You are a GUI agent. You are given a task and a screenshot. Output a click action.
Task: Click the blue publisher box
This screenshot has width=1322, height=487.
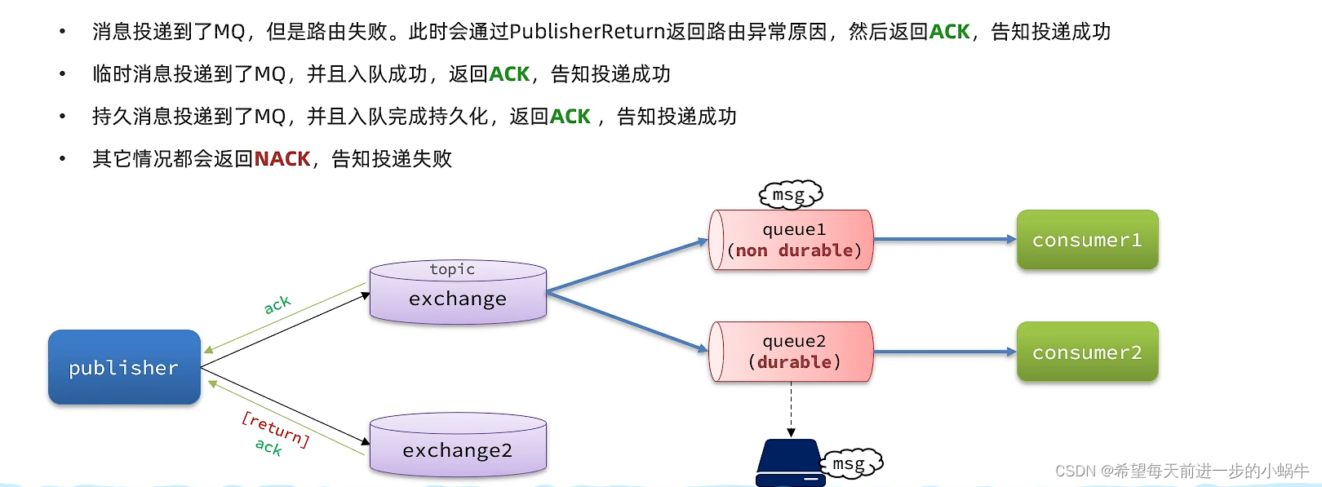(x=124, y=367)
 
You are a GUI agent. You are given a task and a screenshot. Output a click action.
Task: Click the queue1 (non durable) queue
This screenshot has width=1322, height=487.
(x=792, y=240)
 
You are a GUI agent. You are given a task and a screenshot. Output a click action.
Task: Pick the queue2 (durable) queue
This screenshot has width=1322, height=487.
(x=792, y=352)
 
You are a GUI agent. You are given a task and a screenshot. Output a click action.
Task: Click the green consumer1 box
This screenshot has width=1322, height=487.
(x=1087, y=240)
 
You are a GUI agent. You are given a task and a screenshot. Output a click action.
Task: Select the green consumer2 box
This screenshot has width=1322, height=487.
(x=1087, y=352)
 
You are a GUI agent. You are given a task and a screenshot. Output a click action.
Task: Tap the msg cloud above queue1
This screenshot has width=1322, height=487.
(x=790, y=194)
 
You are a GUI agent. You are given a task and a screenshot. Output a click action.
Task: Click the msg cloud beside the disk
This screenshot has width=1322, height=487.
(x=851, y=463)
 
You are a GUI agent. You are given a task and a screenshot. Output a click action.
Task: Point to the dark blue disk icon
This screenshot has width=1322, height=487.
(x=789, y=463)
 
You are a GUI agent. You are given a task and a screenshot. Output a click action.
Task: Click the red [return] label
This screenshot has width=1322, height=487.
(x=276, y=428)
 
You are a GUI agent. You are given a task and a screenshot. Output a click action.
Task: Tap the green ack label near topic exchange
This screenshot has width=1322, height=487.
(x=277, y=304)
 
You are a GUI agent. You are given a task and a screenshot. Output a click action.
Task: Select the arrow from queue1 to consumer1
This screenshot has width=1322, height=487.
(x=944, y=239)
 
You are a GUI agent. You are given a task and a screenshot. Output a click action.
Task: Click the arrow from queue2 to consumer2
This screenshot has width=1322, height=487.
(x=944, y=352)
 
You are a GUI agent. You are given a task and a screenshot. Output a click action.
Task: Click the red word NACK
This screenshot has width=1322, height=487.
(x=282, y=158)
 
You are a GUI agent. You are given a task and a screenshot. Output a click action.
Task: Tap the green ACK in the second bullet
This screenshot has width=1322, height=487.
(x=509, y=74)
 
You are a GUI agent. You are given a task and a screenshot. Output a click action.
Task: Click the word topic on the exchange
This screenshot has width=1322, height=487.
(x=452, y=269)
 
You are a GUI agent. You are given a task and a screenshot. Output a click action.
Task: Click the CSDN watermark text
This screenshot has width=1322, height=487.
(x=1181, y=471)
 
